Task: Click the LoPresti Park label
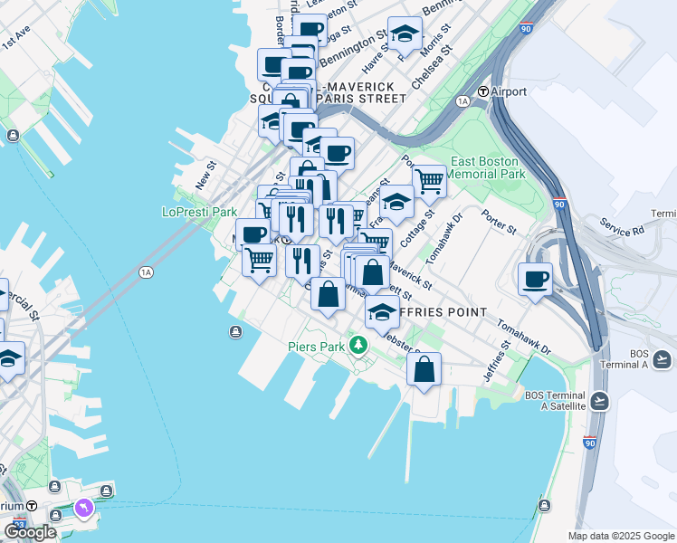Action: [x=198, y=212]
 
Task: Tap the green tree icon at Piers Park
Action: [x=359, y=345]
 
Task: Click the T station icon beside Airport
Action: [x=483, y=91]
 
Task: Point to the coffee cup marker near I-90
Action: [x=535, y=279]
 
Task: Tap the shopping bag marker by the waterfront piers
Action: [x=424, y=368]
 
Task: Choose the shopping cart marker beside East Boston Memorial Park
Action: [x=429, y=180]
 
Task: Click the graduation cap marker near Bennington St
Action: [x=404, y=34]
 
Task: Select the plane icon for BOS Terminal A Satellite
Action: [x=599, y=400]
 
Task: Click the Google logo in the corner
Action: [x=30, y=532]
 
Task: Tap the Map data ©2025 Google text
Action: [x=621, y=536]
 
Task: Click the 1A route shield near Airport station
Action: [x=463, y=101]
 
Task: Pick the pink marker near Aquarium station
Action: [x=85, y=510]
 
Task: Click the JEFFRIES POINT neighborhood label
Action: [x=448, y=312]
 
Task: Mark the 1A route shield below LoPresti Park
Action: [x=146, y=271]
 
